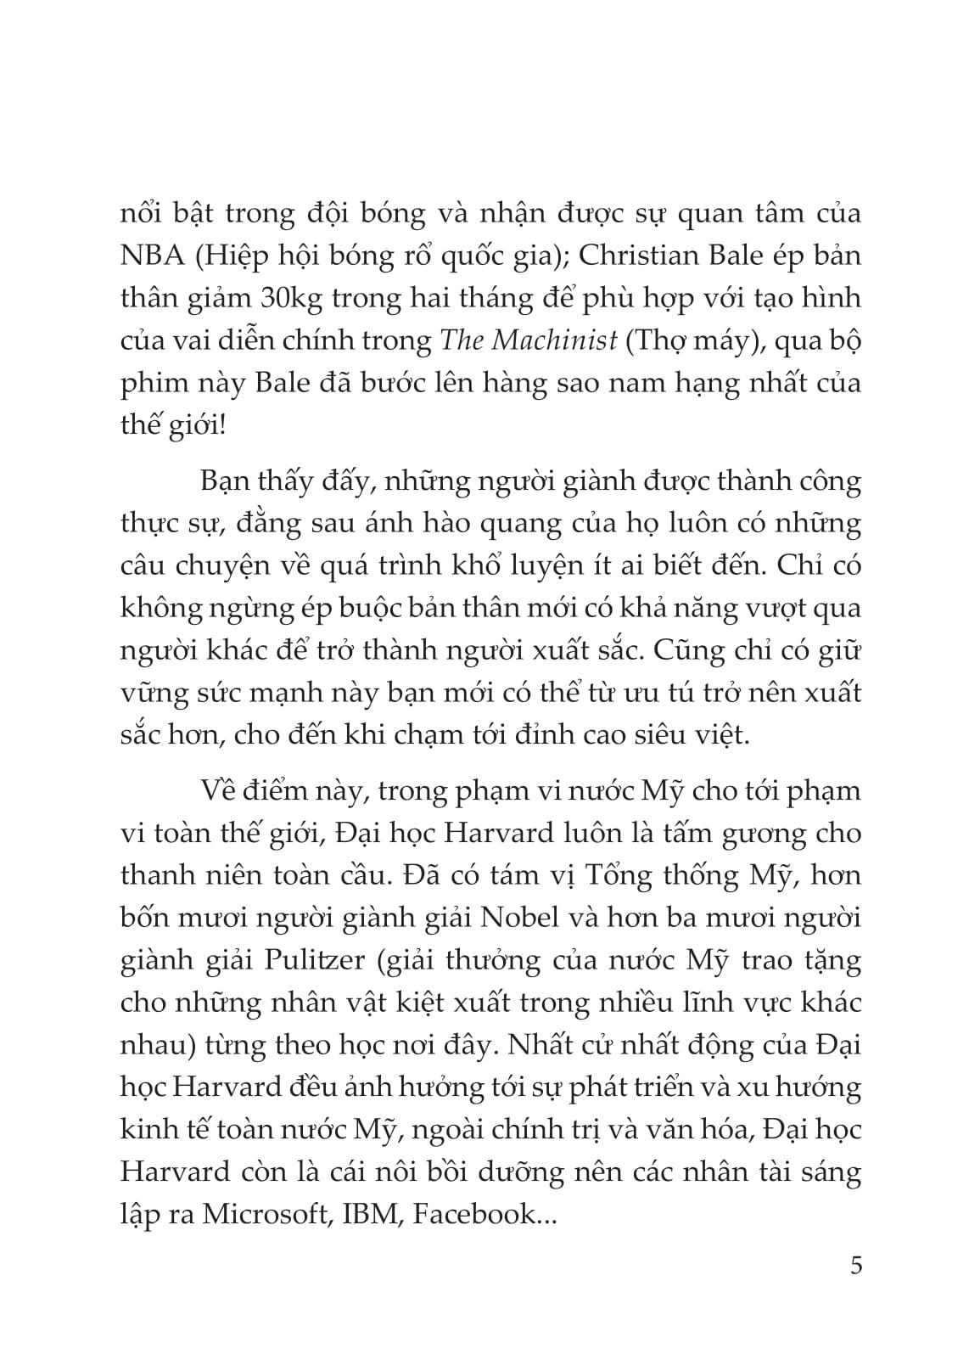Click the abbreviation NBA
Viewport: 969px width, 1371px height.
[x=152, y=255]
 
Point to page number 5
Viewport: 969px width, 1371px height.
[x=854, y=1267]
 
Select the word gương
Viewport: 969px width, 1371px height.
[x=770, y=834]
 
